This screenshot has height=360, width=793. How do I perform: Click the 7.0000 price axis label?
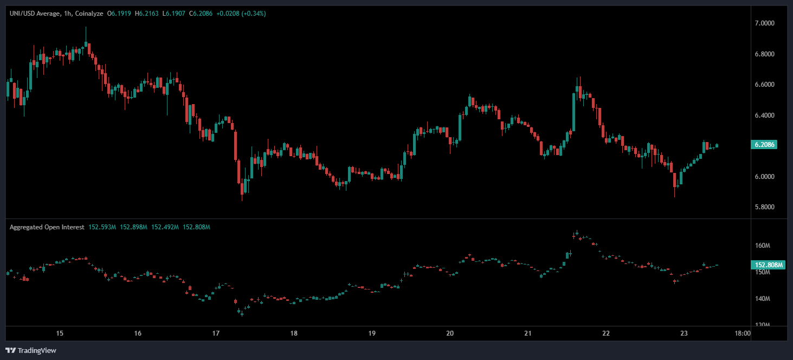765,23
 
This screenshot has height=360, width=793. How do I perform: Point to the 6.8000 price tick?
765,54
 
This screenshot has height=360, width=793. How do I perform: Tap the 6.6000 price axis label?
765,85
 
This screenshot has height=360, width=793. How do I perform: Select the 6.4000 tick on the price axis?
765,115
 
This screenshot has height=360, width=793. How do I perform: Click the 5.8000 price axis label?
765,207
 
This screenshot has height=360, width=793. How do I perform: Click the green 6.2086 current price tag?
765,145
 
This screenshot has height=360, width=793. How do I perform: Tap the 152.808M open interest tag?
768,265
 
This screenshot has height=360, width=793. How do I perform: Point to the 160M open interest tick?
763,246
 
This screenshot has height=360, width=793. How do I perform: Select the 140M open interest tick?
763,299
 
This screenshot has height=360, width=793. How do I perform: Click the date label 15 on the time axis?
60,333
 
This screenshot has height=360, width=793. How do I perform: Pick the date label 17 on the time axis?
216,333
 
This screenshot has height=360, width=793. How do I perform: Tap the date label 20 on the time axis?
450,333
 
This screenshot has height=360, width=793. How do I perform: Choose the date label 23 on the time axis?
684,333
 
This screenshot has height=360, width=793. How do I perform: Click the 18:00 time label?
742,333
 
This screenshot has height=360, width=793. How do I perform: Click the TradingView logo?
31,350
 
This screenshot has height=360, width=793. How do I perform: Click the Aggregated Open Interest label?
47,227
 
